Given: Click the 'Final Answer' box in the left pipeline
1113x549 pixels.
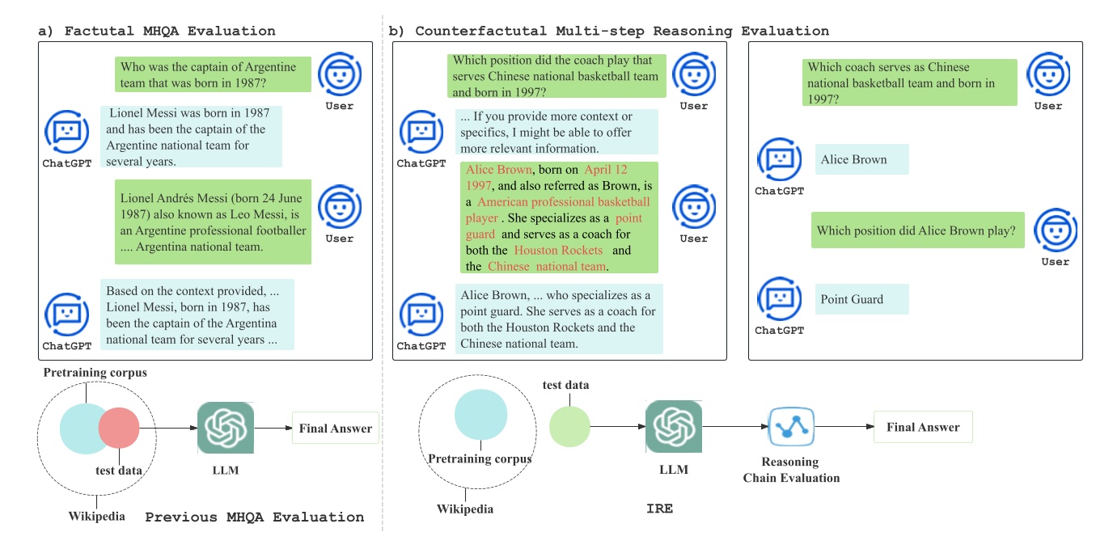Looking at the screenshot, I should click(335, 429).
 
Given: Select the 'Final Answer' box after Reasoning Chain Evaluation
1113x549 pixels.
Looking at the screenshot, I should click(922, 427).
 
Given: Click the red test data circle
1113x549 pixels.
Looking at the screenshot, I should click(120, 428).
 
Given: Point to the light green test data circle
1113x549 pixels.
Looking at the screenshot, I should click(569, 427).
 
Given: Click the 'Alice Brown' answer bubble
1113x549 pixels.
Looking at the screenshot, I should click(861, 159).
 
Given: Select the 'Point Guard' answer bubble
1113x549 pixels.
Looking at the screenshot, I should click(861, 299).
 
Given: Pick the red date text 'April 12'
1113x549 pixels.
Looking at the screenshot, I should click(606, 170).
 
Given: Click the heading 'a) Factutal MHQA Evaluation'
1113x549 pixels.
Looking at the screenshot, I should click(157, 32).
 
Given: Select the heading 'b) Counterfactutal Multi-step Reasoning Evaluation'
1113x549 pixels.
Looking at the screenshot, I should click(609, 32).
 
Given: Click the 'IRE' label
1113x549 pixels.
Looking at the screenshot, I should click(659, 509).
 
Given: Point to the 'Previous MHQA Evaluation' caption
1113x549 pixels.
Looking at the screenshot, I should click(254, 517).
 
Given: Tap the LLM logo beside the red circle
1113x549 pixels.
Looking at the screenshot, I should click(226, 429).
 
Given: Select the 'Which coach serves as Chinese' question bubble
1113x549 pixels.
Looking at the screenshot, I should click(910, 83).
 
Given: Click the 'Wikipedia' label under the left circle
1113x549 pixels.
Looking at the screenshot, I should click(97, 516).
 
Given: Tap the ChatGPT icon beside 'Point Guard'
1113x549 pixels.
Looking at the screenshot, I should click(779, 299).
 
